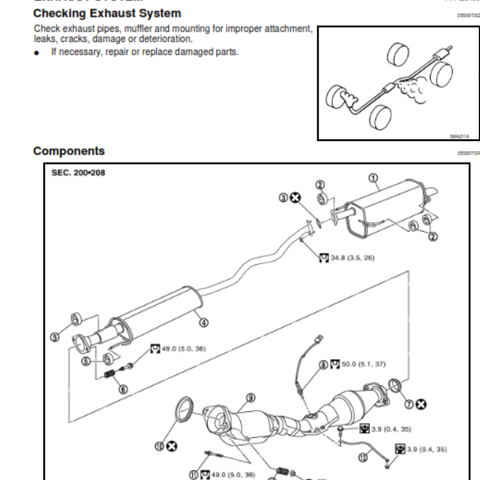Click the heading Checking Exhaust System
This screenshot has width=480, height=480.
tap(107, 13)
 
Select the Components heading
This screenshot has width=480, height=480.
tap(69, 151)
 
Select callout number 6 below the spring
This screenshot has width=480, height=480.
tap(123, 388)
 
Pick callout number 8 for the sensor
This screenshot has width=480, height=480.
tap(323, 364)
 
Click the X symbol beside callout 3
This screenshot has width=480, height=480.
tap(295, 197)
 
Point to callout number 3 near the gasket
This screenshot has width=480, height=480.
tap(283, 197)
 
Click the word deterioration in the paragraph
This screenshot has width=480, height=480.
tap(174, 38)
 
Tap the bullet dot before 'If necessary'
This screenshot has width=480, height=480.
tap(37, 52)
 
